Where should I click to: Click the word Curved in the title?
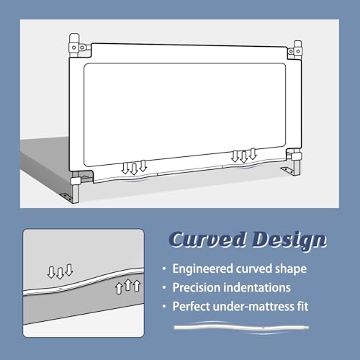208,240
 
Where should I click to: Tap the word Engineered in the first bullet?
203,269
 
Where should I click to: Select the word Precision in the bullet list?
197,287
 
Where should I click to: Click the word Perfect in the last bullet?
192,307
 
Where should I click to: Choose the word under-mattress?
252,307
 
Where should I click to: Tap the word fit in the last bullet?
301,306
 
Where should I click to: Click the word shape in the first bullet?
291,269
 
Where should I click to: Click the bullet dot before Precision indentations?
164,287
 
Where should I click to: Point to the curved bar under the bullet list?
241,328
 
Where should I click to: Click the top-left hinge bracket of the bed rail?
78,47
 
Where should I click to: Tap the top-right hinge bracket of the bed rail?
295,50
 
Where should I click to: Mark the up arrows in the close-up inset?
128,286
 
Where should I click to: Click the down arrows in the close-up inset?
60,271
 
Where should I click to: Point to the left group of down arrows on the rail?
134,167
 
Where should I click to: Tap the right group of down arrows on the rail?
244,156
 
